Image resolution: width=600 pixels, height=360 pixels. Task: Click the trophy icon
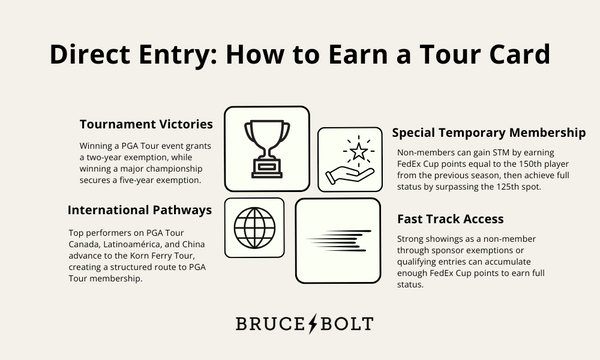coord(266,149)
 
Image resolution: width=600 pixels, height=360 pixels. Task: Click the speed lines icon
coord(337,241)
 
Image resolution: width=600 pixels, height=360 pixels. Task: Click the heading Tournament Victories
coord(146,125)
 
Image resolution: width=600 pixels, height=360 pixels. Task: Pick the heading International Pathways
coord(139,211)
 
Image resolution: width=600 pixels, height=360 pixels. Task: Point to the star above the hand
coord(357,151)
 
